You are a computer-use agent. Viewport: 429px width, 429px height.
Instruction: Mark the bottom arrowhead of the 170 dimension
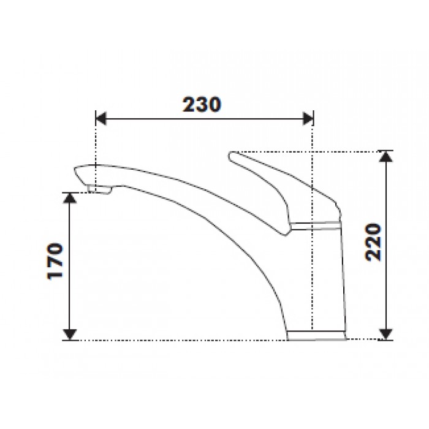pyautogui.click(x=72, y=334)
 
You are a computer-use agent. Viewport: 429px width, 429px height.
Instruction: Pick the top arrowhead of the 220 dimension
pyautogui.click(x=385, y=156)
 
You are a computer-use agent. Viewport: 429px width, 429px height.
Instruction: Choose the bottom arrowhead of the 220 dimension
pyautogui.click(x=385, y=333)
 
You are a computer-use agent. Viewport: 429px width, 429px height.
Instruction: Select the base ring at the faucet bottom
pyautogui.click(x=317, y=335)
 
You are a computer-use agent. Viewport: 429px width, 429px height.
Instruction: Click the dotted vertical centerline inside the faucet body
pyautogui.click(x=313, y=276)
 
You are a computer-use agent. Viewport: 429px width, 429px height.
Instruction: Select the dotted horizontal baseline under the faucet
pyautogui.click(x=184, y=340)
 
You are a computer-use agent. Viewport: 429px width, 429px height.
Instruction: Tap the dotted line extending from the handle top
pyautogui.click(x=306, y=151)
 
